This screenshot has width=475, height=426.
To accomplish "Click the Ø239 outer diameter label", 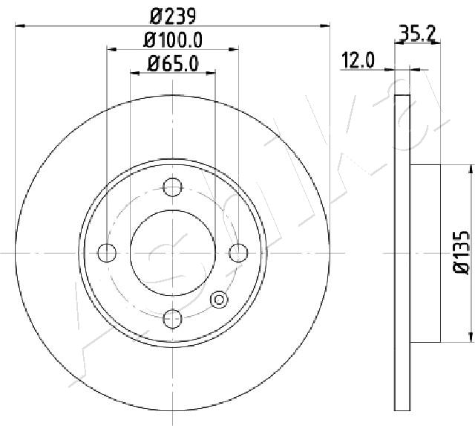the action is [x=173, y=16].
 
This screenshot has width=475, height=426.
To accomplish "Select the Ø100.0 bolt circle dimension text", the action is [x=173, y=40].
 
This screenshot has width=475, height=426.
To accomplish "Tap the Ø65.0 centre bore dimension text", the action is [x=173, y=64].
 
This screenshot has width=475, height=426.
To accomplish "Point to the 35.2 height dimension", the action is [x=417, y=33].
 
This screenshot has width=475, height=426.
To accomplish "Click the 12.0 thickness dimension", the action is [x=358, y=60].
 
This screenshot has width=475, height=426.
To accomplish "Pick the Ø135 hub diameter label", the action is [x=462, y=253].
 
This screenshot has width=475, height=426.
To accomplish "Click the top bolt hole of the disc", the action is [x=172, y=187].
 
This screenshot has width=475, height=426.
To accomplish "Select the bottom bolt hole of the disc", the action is [x=172, y=319].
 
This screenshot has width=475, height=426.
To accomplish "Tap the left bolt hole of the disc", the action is [x=107, y=253].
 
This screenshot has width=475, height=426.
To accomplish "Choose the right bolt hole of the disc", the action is [x=238, y=253].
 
